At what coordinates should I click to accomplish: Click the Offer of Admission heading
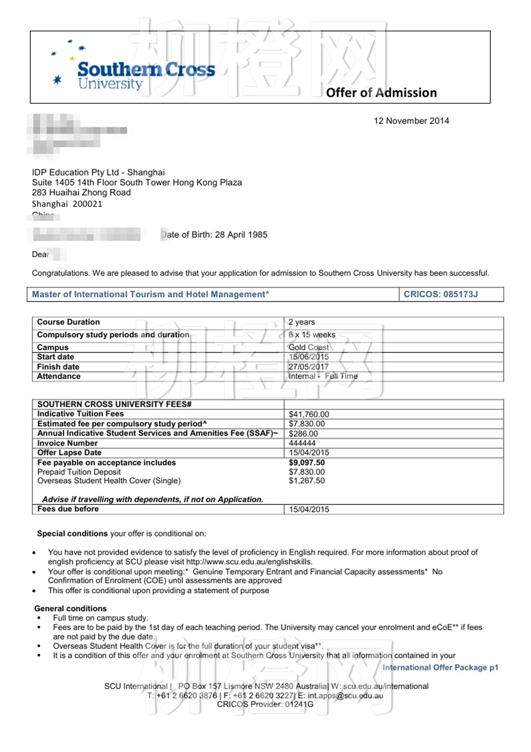tap(381, 93)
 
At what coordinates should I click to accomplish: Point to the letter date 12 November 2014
tap(411, 121)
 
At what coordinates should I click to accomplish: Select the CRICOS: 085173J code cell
tap(441, 294)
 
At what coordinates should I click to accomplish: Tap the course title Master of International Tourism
tap(150, 294)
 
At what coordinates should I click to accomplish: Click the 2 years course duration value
tap(302, 322)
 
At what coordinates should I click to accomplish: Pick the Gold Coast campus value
tap(309, 348)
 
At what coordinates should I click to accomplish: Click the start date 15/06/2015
tap(309, 357)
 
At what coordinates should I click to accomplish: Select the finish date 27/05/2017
tap(308, 367)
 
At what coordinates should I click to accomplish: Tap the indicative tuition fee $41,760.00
tap(309, 414)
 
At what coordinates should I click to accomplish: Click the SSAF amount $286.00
tap(303, 434)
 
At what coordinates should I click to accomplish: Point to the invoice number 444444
tap(302, 443)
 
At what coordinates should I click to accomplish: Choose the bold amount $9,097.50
tap(307, 463)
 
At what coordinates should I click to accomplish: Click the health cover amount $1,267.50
tap(307, 481)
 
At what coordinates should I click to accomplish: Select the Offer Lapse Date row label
tap(69, 453)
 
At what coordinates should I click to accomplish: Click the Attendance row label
tap(59, 376)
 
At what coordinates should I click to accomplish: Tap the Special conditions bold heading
tap(72, 534)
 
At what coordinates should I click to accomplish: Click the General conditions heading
tap(71, 609)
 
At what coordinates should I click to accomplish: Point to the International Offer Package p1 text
tap(440, 668)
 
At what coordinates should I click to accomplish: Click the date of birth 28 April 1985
tap(241, 235)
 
